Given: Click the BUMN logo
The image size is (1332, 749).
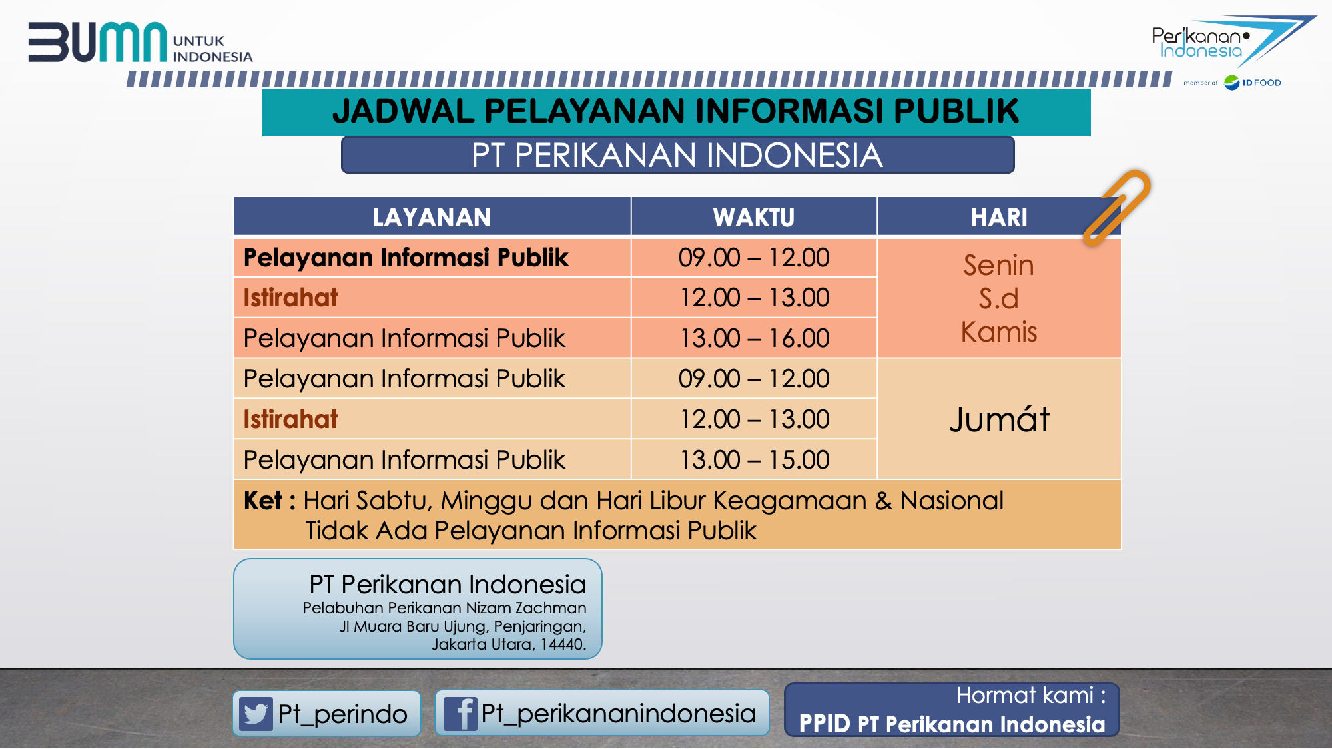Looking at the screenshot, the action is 140,43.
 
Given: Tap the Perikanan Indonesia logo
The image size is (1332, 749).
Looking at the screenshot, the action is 1232,41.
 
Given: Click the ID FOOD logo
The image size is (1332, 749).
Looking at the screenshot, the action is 1252,83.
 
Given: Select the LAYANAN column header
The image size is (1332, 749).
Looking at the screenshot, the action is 432,217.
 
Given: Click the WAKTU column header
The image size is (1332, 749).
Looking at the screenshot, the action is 754,217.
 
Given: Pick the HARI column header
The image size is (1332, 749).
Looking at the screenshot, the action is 999,217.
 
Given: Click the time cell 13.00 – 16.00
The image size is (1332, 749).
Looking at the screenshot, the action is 754,338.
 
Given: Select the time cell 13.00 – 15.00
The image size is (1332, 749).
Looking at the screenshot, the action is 754,460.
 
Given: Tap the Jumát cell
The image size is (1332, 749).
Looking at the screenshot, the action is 999,419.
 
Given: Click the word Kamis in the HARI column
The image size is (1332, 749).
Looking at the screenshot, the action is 999,332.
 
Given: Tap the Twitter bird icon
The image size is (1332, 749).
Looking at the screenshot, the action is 256,714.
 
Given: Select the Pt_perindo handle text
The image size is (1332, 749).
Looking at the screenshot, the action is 342,714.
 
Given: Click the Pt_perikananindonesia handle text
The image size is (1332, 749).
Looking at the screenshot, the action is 618,714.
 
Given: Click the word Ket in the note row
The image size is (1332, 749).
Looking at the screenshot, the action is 263,501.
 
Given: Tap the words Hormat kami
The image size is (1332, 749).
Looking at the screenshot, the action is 1025,695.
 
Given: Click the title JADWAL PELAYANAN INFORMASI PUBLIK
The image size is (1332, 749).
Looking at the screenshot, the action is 676,111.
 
